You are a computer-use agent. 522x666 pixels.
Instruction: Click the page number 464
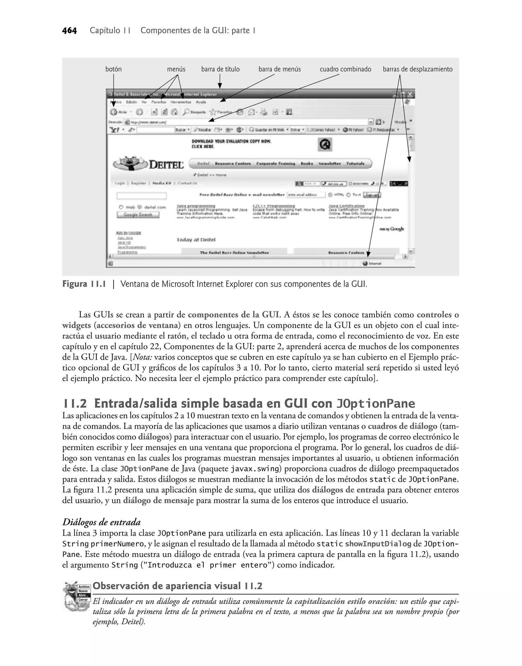69,31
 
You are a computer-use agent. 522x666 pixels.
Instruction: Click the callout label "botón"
113,69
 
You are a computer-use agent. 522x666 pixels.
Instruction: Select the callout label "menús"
176,69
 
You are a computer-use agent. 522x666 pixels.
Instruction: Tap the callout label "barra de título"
220,69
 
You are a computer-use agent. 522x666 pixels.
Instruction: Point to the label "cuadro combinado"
345,69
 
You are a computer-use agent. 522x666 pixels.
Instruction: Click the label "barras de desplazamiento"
417,69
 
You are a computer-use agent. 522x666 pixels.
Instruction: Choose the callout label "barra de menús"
280,69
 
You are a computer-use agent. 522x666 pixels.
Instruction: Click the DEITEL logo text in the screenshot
166,165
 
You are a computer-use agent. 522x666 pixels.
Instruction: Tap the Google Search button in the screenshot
138,215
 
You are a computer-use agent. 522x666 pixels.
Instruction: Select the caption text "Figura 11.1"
84,284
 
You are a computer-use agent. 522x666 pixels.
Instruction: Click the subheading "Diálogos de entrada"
101,522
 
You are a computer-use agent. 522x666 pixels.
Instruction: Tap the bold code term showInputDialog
378,544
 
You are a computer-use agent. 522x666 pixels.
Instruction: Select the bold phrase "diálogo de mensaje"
158,500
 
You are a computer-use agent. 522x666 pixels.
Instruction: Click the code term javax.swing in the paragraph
255,469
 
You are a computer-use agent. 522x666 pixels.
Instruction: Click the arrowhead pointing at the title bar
219,87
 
